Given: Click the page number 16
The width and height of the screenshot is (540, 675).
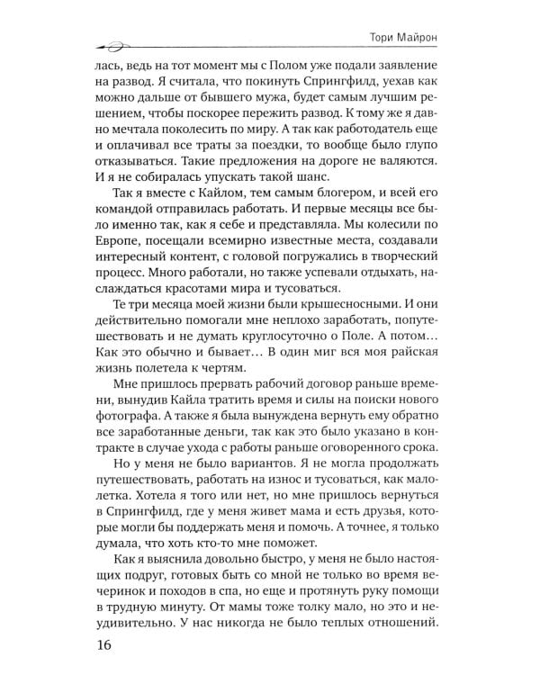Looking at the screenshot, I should pos(80,646).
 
